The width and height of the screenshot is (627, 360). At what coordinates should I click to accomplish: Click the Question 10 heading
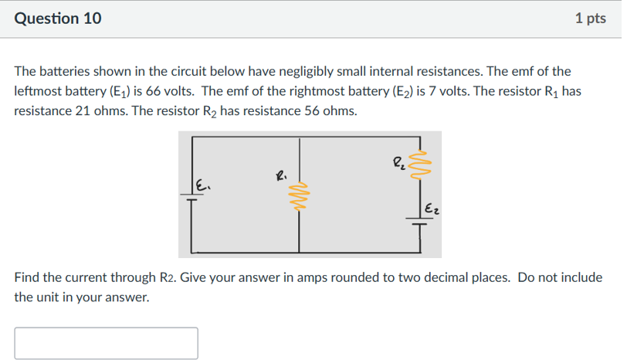coord(58,19)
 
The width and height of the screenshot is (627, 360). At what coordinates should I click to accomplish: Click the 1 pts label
coord(590,19)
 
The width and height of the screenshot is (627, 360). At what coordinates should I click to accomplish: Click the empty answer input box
coord(106,343)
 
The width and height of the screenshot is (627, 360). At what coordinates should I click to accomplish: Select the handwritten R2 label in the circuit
coord(398,163)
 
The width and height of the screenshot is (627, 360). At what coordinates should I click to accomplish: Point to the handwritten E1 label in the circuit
coord(203,185)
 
